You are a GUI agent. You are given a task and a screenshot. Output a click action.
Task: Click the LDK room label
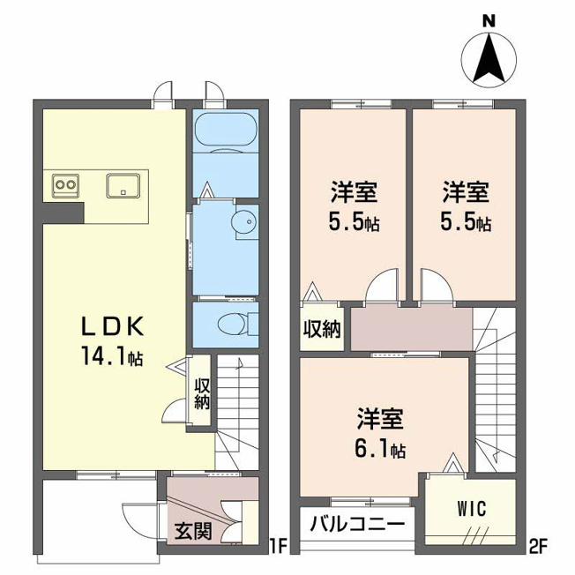coord(112,326)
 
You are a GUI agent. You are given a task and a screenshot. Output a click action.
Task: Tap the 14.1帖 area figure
coord(112,356)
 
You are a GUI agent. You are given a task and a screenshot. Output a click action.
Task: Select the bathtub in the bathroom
coord(226,129)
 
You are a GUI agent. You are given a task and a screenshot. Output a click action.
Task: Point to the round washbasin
coord(244,221)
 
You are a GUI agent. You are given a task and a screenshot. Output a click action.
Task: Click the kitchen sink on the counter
coord(123,186)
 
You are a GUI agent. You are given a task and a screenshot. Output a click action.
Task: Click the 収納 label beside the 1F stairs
coord(202,394)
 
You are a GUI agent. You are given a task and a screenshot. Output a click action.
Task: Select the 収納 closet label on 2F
coord(322,329)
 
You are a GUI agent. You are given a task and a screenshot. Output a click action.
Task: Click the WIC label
coord(472,509)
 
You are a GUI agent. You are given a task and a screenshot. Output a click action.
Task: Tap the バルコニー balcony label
coord(357,524)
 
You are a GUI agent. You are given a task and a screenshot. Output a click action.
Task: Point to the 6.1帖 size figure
coord(380,449)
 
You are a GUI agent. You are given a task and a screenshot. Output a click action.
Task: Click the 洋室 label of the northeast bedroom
coord(466,192)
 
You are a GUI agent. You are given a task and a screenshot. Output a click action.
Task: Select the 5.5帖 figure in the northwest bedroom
coord(354,222)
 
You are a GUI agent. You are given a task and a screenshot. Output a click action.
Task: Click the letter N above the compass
coord(489,21)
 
